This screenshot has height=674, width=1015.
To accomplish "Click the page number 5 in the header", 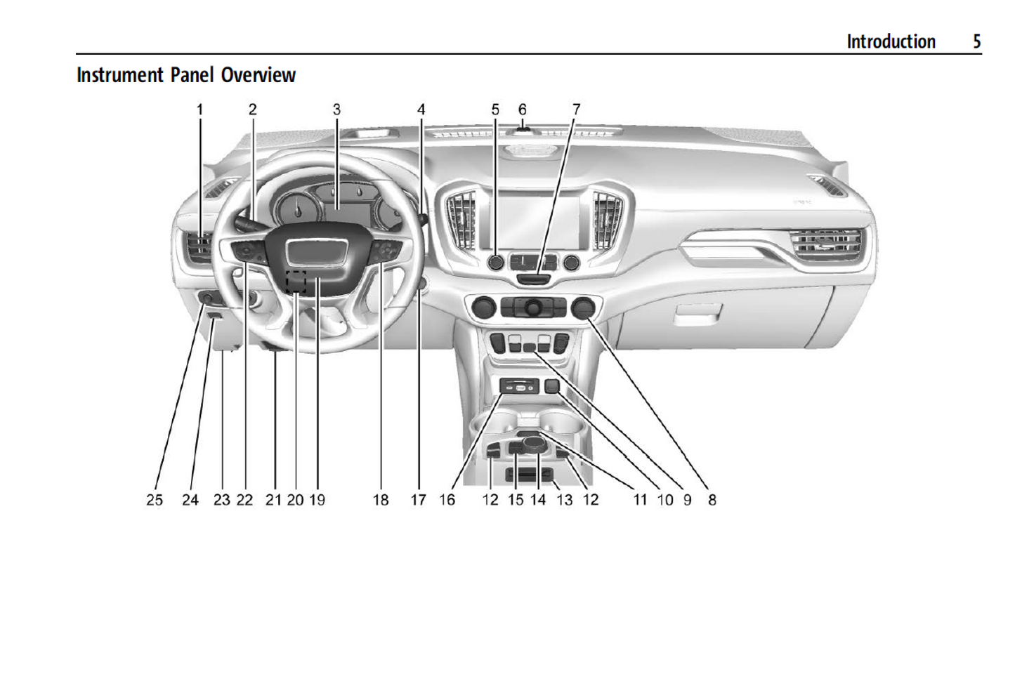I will click(x=976, y=41).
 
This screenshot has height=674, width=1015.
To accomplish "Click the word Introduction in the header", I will click(x=891, y=41).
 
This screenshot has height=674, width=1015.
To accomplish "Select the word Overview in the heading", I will click(x=258, y=75).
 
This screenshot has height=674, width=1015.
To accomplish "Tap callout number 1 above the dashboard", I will click(x=199, y=110).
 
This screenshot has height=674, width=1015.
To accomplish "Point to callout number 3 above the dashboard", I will click(x=336, y=110).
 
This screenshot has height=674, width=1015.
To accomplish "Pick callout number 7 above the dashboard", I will click(x=576, y=110).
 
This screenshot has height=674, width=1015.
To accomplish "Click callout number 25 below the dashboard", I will click(x=154, y=500).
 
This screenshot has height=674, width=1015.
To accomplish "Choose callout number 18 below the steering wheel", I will click(x=381, y=500).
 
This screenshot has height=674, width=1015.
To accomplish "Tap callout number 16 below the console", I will click(x=447, y=500).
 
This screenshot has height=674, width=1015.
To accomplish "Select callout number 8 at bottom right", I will click(x=712, y=500).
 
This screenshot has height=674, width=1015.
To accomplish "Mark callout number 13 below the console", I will click(x=565, y=500).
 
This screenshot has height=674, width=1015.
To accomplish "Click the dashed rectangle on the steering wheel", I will click(x=296, y=281).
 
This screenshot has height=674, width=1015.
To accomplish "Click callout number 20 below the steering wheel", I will click(x=295, y=500).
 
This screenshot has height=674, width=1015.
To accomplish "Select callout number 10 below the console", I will click(x=665, y=500).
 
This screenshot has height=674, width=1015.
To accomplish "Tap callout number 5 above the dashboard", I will click(x=495, y=110).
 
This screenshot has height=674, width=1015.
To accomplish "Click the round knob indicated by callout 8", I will click(x=583, y=308).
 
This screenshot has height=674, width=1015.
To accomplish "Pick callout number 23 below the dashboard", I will click(x=222, y=500).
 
